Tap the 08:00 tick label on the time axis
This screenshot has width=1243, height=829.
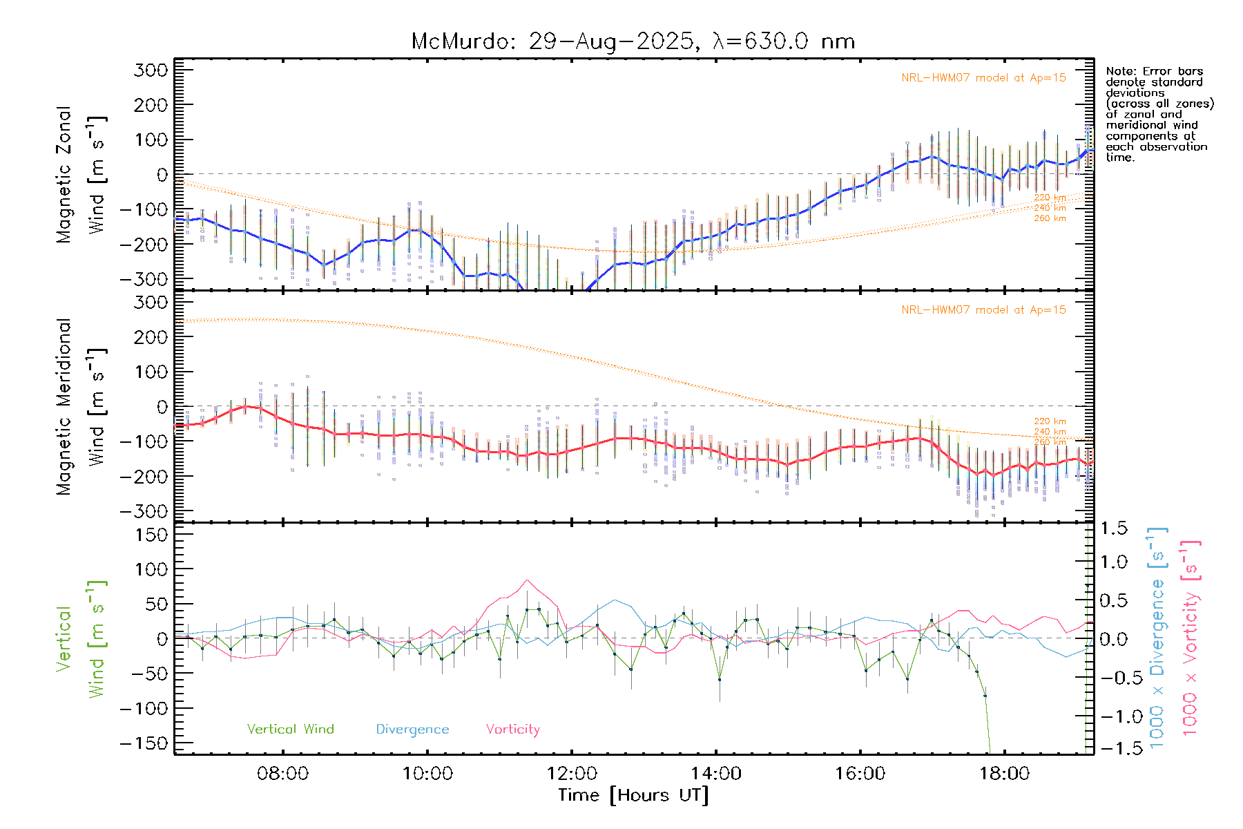coord(282,773)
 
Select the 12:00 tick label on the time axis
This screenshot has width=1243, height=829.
coord(571,773)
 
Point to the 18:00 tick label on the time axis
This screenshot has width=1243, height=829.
coord(1004,773)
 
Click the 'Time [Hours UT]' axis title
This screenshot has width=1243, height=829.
coord(633,795)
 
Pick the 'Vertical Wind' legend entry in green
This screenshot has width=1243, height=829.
coord(290,730)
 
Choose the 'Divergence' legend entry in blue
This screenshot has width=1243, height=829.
coord(412,730)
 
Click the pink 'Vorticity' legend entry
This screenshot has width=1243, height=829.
coord(512,730)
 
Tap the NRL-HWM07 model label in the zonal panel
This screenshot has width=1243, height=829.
coord(983,78)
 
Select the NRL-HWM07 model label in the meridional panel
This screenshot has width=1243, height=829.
coord(983,310)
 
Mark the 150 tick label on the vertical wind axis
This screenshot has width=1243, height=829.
coord(151,535)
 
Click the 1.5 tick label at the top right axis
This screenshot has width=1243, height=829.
coord(1114,528)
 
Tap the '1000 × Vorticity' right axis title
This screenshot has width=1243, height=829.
coord(1191,637)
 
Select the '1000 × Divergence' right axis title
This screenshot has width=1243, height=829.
coord(1157,637)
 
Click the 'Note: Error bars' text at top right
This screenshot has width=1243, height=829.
coord(1154,72)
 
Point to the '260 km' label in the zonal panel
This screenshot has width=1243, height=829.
coord(1050,218)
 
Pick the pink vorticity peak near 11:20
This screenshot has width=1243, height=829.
coord(527,580)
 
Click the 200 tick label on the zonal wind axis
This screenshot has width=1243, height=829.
coord(151,105)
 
